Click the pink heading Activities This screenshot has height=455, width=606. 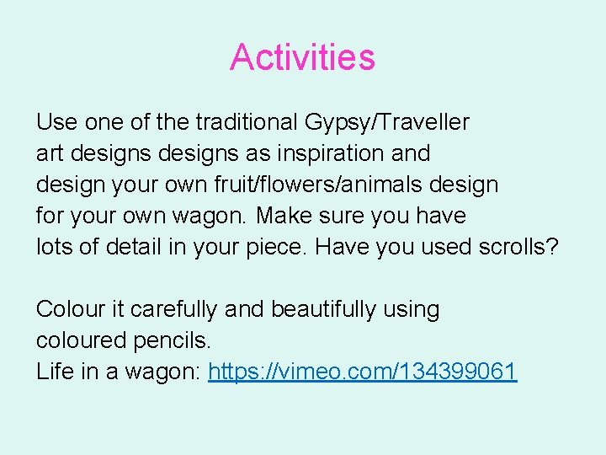point(302,57)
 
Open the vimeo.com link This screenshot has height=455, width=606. point(362,372)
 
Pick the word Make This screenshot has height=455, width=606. point(283,216)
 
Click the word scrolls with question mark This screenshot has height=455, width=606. point(521,247)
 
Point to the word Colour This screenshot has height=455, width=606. point(70,309)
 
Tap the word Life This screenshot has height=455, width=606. point(55,372)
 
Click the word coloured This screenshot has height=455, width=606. point(81,340)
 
